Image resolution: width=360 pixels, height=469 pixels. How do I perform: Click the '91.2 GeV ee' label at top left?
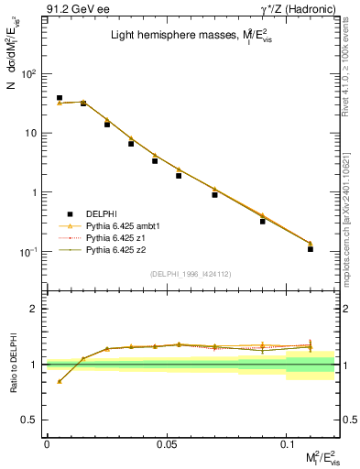tap(76, 10)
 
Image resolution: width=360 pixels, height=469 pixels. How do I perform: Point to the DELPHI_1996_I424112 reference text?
tap(190, 273)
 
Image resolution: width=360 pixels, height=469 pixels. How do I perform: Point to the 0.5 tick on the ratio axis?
tap(32, 420)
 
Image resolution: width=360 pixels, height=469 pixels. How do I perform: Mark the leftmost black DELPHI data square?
tap(60, 97)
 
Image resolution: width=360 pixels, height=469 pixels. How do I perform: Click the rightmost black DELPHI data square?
tap(311, 248)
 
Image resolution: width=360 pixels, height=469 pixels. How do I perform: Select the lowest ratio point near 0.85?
tap(60, 381)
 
